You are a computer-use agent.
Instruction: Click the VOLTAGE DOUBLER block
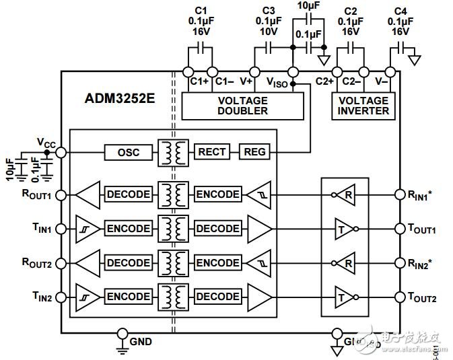tap(242, 105)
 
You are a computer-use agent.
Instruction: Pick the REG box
tap(253, 153)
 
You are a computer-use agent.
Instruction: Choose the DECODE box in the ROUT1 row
tap(128, 194)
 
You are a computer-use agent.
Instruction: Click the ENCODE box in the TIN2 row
tap(128, 296)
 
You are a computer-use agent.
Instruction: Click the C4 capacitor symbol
tap(403, 48)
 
